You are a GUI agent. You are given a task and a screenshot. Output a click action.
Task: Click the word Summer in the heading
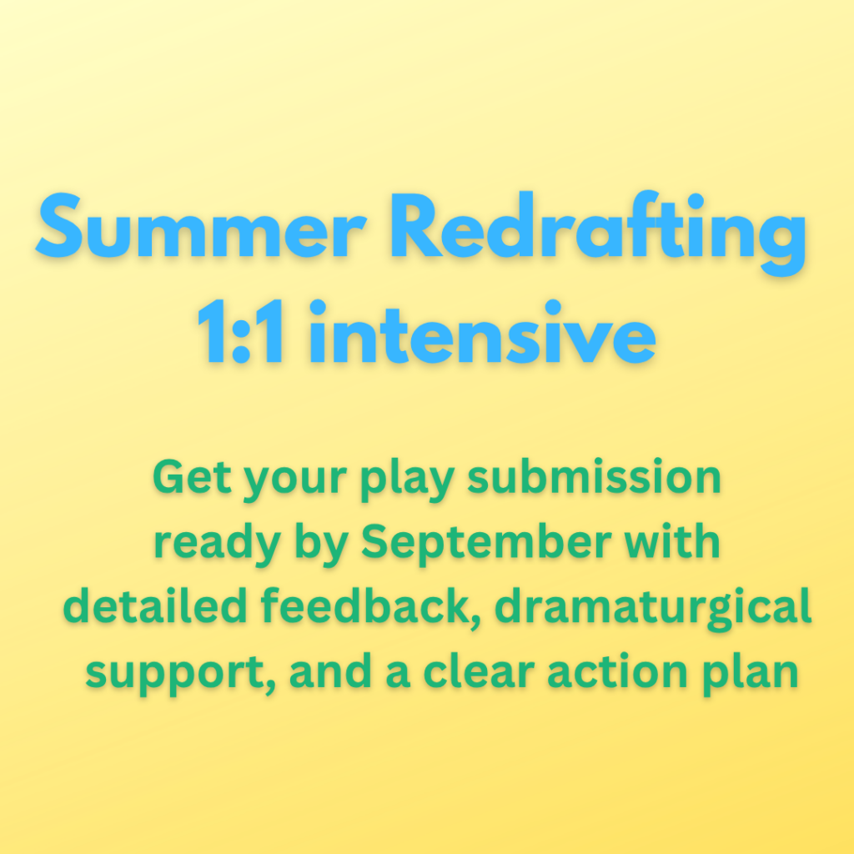click(201, 225)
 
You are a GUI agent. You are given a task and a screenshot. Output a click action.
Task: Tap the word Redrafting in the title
click(598, 234)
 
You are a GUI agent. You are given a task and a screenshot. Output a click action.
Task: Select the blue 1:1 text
click(241, 332)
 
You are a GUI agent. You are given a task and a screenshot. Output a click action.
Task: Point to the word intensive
click(482, 332)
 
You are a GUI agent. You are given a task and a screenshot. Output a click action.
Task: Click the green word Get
click(193, 476)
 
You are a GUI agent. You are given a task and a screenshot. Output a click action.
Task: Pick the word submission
click(594, 476)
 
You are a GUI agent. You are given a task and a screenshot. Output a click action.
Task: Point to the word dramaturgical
click(653, 610)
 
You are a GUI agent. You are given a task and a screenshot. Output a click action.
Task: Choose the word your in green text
click(295, 482)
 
